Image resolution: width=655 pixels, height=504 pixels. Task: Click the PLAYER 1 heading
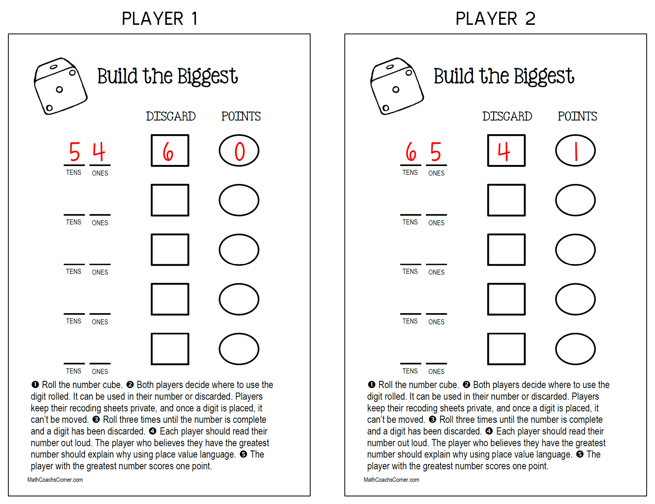pos(159,18)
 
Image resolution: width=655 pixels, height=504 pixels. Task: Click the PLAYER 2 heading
pos(495,18)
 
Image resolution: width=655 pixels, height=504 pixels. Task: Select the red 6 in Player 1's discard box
pos(168,151)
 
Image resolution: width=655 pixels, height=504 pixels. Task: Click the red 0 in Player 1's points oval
pos(239,151)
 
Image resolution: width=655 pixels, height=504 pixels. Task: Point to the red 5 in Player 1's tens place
pos(74,151)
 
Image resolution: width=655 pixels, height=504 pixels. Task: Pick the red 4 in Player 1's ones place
pos(99,151)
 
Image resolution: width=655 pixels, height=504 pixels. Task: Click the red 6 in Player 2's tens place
pos(411,151)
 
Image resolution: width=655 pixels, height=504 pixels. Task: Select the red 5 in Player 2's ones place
pos(436,151)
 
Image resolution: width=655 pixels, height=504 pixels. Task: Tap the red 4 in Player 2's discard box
pos(504,151)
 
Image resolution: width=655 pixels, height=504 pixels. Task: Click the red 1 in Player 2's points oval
pos(576,151)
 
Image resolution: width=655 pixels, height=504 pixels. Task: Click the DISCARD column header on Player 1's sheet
pos(171,116)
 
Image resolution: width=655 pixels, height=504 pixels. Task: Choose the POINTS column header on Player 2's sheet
pos(577,116)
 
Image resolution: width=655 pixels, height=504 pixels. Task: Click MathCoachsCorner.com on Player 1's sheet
pos(55,480)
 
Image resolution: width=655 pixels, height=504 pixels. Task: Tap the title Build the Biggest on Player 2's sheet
pos(504,76)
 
